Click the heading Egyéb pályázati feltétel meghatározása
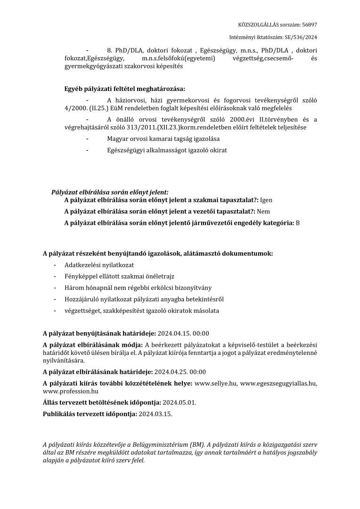pos(125,89)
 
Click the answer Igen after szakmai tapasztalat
pos(266,200)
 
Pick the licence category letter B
pos(298,222)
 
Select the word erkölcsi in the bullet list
pos(163,288)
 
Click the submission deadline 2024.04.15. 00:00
pos(183,333)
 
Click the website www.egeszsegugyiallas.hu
pos(278,383)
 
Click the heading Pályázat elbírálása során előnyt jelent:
pos(109,192)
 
